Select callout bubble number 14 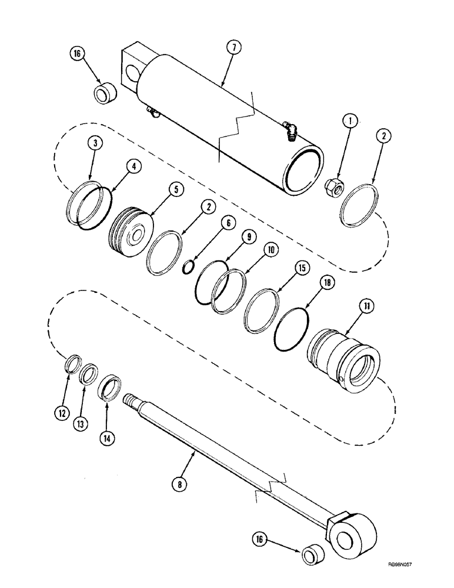[x=111, y=437]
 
